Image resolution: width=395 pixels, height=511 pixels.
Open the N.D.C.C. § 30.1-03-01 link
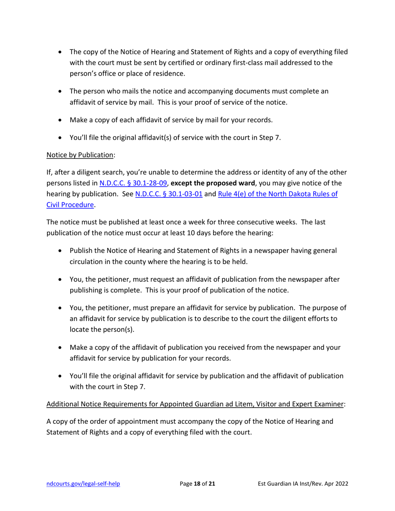(169, 194)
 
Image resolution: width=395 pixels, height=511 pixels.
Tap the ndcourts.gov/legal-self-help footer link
(83, 484)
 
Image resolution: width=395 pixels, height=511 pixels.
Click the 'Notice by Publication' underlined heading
(80, 155)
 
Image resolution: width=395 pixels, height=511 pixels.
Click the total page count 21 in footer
(212, 484)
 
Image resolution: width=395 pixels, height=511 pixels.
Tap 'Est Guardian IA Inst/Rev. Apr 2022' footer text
(303, 484)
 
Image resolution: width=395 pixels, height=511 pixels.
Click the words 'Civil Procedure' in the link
(71, 204)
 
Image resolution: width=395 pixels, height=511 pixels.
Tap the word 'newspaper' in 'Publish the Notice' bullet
(274, 251)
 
